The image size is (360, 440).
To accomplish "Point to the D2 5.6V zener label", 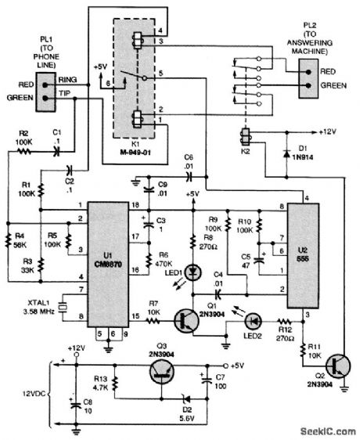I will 188,414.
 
